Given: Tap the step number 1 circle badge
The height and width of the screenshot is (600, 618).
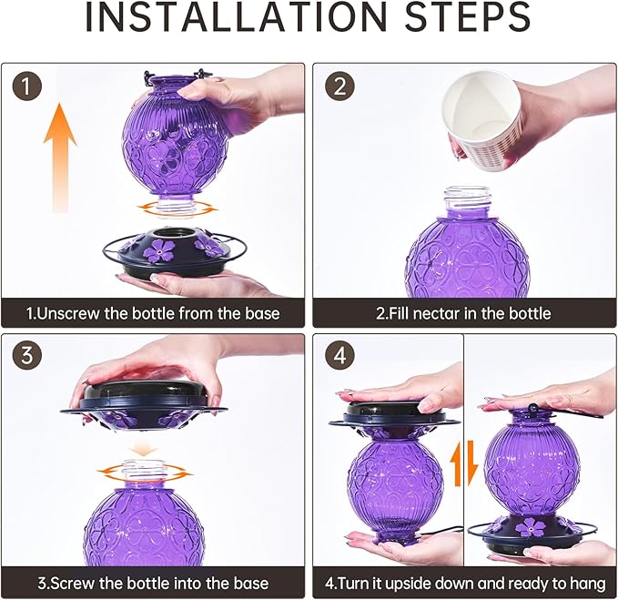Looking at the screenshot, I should pos(28,86).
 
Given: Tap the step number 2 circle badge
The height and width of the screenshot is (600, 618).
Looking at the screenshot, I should pos(339,86).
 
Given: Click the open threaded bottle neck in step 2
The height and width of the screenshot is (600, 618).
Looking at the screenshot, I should pos(467,203).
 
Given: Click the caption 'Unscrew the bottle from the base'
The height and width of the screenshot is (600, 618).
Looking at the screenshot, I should pos(153,313).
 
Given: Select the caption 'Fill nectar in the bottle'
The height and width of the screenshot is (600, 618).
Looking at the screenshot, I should pos(463,313).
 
